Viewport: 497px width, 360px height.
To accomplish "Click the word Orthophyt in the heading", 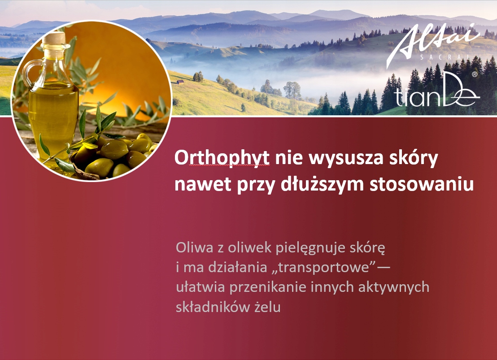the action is click(222, 158).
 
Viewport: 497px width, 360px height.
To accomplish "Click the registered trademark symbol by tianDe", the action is click(475, 74).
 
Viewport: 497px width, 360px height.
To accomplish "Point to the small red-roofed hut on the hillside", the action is click(180, 82).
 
